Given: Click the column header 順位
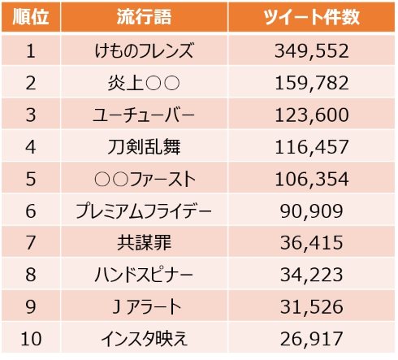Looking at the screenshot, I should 30,19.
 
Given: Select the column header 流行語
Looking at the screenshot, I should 143,19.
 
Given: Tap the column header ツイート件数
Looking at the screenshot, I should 312,19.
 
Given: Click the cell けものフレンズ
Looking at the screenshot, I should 143,51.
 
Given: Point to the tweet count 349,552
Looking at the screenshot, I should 312,51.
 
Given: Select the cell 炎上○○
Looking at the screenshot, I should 143,83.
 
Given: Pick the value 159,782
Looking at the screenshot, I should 312,83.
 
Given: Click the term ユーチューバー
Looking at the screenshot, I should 143,115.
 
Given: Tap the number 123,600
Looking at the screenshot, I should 312,115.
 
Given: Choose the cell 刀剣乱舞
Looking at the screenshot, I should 143,147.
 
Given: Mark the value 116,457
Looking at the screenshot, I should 312,147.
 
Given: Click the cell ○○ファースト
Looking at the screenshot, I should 143,179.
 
